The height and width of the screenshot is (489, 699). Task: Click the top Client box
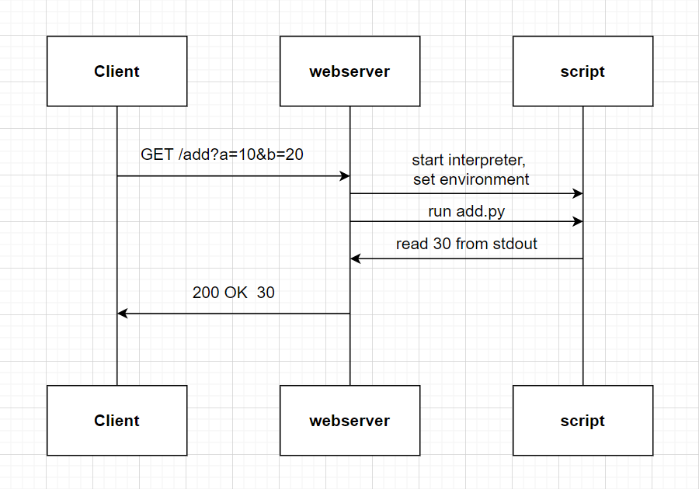(x=116, y=71)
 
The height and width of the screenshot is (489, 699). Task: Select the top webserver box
(x=349, y=71)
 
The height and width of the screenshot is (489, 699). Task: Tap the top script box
(x=582, y=71)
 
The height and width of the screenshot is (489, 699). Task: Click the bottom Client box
(x=116, y=421)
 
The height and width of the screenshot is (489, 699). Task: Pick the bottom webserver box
(x=349, y=421)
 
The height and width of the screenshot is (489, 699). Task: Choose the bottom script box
(x=582, y=421)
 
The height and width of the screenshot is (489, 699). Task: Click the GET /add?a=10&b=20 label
(x=222, y=154)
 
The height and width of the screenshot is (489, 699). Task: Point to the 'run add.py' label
(x=466, y=211)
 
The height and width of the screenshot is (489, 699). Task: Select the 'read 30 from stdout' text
(x=466, y=244)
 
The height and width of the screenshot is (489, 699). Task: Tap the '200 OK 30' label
(x=233, y=293)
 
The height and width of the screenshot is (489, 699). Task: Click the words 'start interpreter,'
(x=468, y=161)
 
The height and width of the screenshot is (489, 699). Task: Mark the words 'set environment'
(x=471, y=179)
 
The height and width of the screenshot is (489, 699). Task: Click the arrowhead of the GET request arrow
(x=346, y=176)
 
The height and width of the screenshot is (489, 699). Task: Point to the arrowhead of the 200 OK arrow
(x=122, y=314)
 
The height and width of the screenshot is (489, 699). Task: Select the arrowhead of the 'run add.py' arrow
(x=578, y=222)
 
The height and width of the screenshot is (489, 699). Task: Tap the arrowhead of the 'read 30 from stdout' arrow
(x=355, y=258)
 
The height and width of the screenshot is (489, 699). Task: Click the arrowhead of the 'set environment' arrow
(x=578, y=193)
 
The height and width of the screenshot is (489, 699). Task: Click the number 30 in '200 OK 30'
(x=266, y=293)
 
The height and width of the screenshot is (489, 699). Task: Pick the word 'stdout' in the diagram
(x=516, y=244)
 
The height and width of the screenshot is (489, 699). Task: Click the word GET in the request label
(x=157, y=154)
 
